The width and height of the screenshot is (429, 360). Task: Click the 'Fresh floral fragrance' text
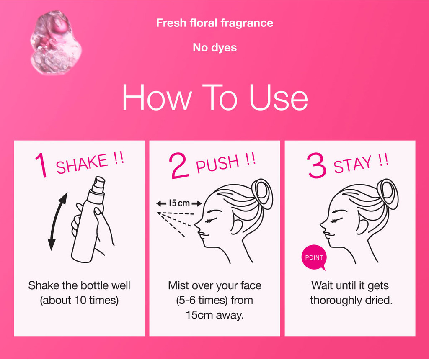click(214, 23)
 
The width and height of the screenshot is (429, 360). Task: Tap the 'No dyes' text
click(215, 48)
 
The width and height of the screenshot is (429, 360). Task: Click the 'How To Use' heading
click(215, 97)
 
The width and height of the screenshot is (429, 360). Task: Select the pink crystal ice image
click(56, 43)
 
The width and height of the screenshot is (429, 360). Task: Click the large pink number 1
click(41, 165)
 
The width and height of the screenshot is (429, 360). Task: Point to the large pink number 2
click(179, 166)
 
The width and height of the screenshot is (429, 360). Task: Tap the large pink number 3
click(317, 165)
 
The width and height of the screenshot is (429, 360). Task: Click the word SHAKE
click(82, 164)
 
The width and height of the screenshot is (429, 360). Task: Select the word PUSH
click(218, 164)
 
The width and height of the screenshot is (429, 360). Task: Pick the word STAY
click(353, 164)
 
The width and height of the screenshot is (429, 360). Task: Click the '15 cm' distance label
click(179, 203)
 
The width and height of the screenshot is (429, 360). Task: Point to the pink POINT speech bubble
click(314, 257)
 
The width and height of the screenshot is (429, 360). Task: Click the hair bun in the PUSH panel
click(262, 194)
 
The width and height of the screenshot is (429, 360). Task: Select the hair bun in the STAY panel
click(388, 194)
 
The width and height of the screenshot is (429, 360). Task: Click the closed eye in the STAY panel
click(336, 220)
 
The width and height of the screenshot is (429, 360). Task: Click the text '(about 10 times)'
click(79, 301)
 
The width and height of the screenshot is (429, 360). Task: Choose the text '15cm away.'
click(215, 315)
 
